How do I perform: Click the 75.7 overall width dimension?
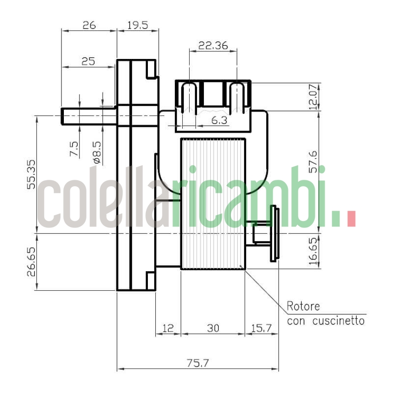click(198, 364)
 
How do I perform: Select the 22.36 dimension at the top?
click(213, 46)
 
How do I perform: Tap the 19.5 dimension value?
click(138, 26)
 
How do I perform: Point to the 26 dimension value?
click(89, 26)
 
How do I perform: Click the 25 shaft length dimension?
click(88, 61)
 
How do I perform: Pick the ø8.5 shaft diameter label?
click(96, 152)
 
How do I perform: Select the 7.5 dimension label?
click(74, 149)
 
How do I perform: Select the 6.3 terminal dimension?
click(219, 120)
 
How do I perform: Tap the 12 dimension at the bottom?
click(168, 328)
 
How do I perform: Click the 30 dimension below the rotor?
click(213, 328)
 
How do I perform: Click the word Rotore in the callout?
click(303, 307)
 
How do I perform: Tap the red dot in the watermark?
click(351, 219)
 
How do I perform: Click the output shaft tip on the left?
click(64, 116)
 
